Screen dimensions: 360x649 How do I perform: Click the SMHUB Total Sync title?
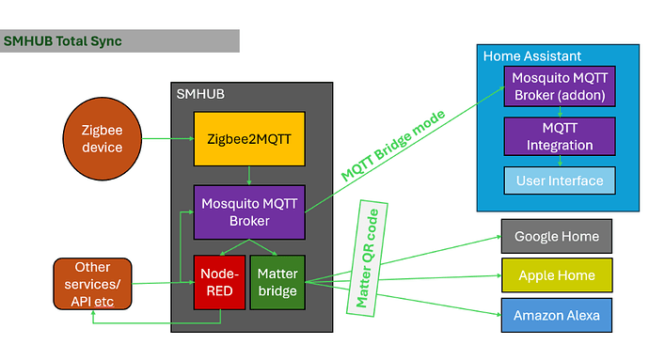click(x=63, y=41)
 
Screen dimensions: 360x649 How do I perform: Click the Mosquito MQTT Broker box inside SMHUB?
click(x=249, y=211)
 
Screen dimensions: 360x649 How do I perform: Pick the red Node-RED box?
click(x=219, y=282)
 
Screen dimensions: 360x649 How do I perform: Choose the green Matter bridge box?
click(x=277, y=282)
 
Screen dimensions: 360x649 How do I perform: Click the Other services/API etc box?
click(x=92, y=282)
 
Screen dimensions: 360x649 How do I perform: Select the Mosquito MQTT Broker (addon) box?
click(x=560, y=86)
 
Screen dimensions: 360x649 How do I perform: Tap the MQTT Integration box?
click(x=560, y=136)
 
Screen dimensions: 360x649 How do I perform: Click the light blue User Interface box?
click(x=560, y=180)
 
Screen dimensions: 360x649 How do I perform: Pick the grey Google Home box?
click(x=557, y=236)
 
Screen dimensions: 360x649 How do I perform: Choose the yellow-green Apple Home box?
click(x=557, y=274)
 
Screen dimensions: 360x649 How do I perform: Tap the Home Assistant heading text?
click(x=531, y=56)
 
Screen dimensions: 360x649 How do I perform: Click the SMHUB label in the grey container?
click(x=199, y=94)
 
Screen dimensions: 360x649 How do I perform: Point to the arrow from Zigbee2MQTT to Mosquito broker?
click(x=248, y=175)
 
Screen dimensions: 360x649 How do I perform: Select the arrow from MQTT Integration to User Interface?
click(x=560, y=161)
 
